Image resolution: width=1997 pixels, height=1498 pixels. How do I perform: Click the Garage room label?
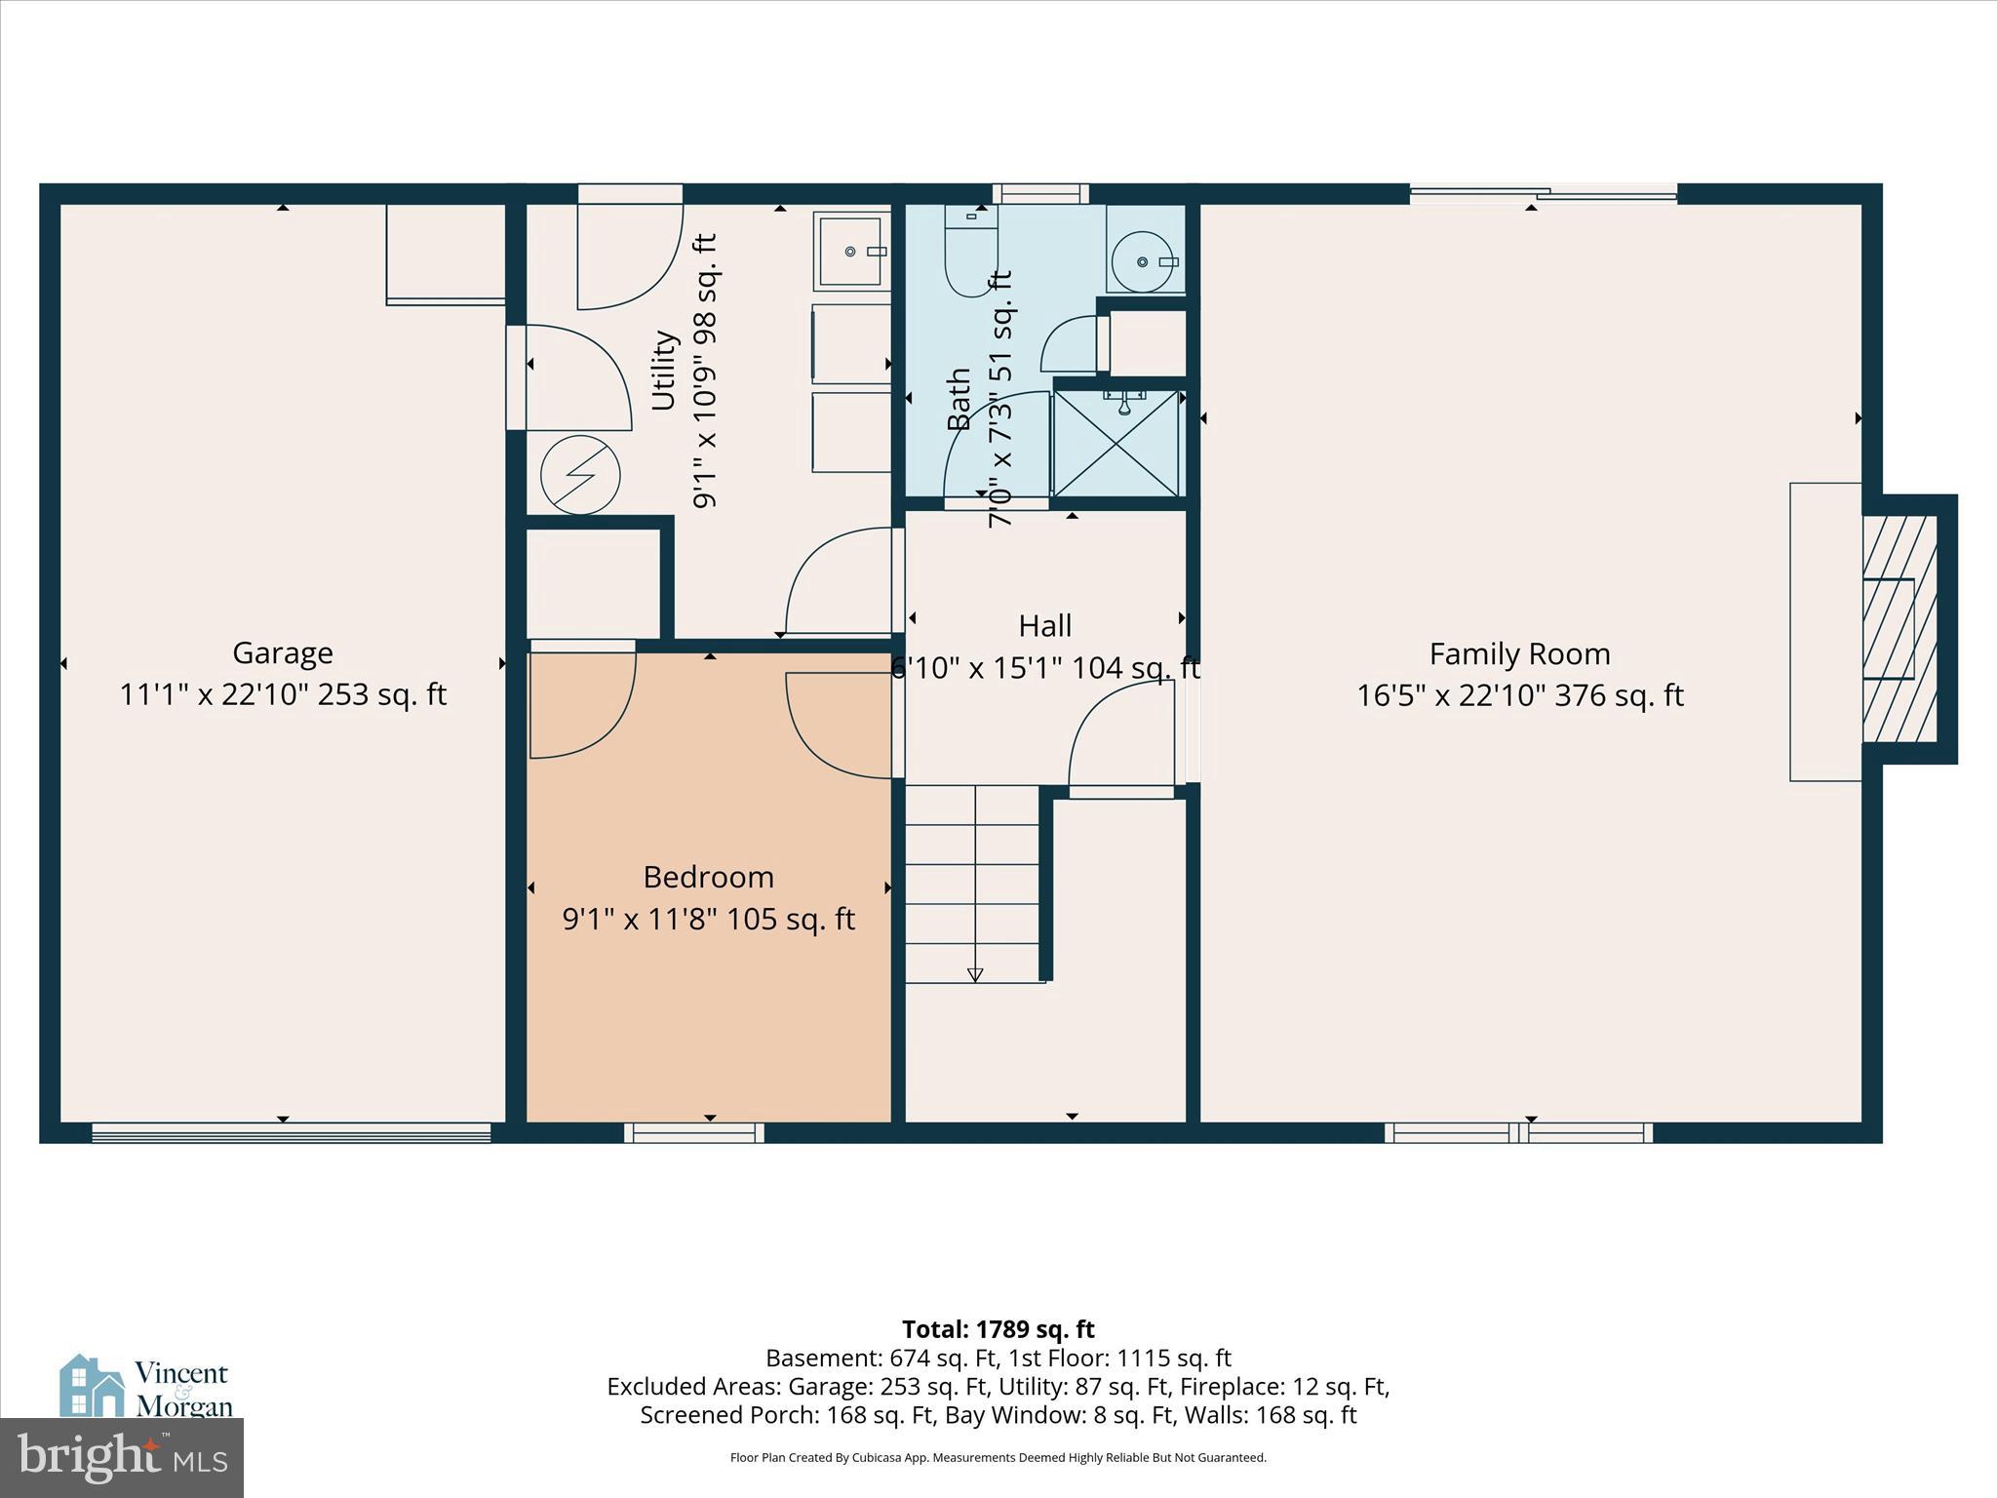283,652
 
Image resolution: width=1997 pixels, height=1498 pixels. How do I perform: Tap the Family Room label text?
1519,653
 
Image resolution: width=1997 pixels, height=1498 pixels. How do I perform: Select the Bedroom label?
708,877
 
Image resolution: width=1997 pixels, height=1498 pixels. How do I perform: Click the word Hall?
1044,625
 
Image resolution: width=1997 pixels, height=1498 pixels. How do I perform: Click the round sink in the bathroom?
1144,261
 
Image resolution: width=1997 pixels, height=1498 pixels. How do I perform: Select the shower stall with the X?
1116,443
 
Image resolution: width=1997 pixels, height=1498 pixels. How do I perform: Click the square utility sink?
851,252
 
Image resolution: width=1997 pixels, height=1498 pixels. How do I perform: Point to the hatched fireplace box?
1899,629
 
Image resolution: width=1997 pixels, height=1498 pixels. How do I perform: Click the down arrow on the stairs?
974,973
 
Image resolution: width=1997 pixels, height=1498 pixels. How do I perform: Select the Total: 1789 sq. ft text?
998,1329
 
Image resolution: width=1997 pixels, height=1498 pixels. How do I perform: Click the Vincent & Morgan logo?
146,1387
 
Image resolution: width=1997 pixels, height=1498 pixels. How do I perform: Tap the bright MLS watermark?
122,1457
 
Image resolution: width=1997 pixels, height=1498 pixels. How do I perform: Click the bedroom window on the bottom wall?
693,1132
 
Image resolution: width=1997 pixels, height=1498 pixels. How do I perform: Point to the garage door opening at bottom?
291,1132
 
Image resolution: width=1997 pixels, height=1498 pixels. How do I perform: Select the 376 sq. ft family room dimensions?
1519,695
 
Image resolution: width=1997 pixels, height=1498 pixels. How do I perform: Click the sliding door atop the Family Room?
1543,194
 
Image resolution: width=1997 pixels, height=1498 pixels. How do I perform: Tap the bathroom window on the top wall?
1040,193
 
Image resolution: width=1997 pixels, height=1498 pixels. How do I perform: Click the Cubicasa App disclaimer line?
998,1458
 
